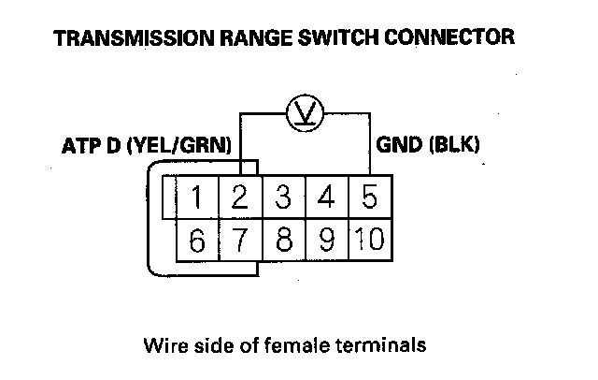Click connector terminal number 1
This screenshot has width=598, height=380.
[x=197, y=197]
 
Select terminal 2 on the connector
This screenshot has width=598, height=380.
[x=241, y=197]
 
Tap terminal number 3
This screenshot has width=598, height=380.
[x=284, y=197]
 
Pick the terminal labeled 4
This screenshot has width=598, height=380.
[x=327, y=197]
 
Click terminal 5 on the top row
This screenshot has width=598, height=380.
[x=370, y=197]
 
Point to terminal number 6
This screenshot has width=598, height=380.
[x=197, y=240]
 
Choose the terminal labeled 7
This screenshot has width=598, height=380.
[x=241, y=240]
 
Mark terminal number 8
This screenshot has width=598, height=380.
[x=284, y=240]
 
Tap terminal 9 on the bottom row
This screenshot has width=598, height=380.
[x=327, y=240]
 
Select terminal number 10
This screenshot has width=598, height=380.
[x=370, y=240]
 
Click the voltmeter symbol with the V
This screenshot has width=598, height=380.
[x=306, y=113]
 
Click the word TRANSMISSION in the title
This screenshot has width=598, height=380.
[x=134, y=37]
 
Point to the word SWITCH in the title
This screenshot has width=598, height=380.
[x=338, y=37]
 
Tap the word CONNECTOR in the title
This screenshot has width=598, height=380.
[x=449, y=37]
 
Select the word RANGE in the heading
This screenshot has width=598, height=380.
[x=256, y=37]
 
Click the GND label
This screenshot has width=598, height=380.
[x=400, y=145]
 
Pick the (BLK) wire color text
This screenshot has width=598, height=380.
[x=454, y=145]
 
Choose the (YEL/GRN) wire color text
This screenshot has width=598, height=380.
[x=178, y=145]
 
